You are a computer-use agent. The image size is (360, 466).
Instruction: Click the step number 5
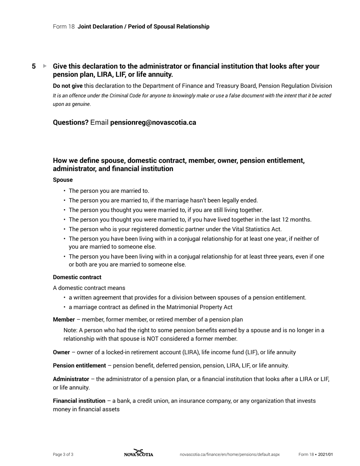click(x=34, y=66)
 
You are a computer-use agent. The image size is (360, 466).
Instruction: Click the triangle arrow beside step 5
click(x=45, y=66)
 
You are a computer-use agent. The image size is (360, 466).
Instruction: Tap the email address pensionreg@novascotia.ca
click(x=153, y=122)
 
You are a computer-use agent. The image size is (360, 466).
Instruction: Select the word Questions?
click(x=70, y=122)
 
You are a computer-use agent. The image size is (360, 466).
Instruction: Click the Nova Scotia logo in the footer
click(x=139, y=453)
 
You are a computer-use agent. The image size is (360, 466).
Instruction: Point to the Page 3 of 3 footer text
click(x=63, y=454)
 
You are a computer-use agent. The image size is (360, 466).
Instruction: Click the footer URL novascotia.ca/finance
click(x=230, y=454)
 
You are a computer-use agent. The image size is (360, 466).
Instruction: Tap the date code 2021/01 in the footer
click(x=325, y=454)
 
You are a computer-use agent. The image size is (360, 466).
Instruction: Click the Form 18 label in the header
click(x=64, y=27)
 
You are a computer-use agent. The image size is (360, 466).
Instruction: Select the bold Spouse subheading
click(x=63, y=180)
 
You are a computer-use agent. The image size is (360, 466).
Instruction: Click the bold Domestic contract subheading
click(x=77, y=277)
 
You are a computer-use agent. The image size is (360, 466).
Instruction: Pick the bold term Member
click(x=64, y=319)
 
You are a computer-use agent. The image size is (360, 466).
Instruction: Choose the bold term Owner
click(x=61, y=352)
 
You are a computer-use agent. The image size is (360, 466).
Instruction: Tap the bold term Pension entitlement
click(x=79, y=365)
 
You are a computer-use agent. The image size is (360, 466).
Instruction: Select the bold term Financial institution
click(x=79, y=400)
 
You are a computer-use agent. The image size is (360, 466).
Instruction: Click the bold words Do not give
click(x=67, y=86)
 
